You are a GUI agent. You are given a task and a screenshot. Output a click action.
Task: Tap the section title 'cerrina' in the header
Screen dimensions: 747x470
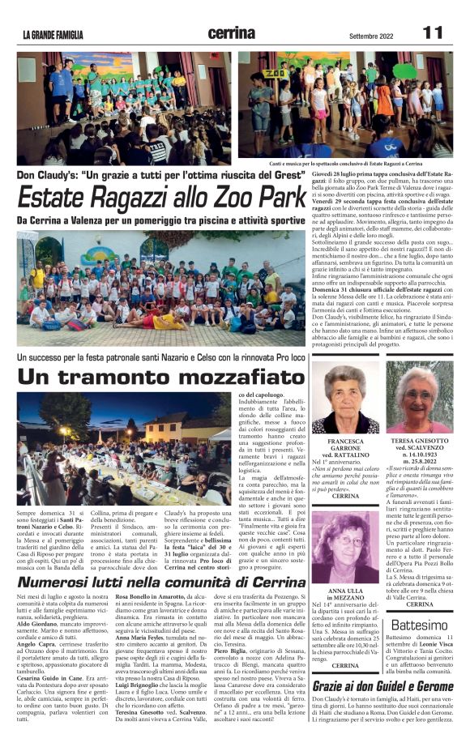pyautogui.click(x=233, y=32)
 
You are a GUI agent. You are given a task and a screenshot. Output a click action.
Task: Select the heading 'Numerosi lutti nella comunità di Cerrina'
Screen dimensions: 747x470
pyautogui.click(x=162, y=605)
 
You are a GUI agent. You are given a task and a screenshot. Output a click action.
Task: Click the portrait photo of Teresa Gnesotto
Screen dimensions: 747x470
pyautogui.click(x=419, y=396)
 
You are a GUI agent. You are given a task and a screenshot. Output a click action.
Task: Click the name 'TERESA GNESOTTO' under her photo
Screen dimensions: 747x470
pyautogui.click(x=419, y=442)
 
